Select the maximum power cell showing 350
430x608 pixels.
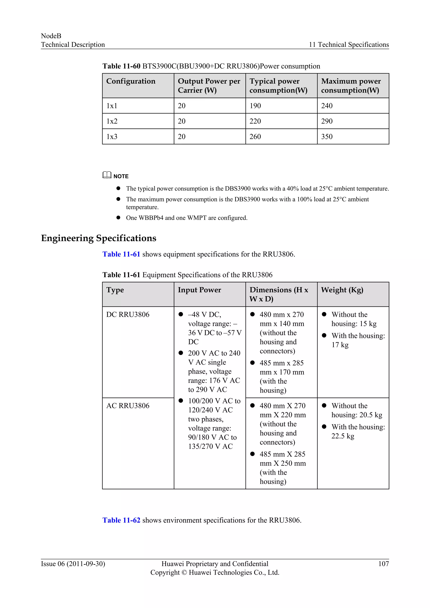pos(327,137)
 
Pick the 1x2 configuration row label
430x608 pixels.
pos(112,121)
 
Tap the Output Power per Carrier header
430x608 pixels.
pos(209,85)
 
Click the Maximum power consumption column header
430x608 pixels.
pos(351,85)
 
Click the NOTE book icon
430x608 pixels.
pos(107,175)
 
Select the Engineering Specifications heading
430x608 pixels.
pos(98,238)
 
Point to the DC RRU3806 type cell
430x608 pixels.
pos(128,314)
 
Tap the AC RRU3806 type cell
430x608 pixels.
pos(128,406)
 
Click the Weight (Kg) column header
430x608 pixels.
pos(342,290)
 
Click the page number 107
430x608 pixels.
pos(383,564)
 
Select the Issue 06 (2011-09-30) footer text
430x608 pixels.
pos(73,564)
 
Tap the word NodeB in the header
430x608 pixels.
pos(51,36)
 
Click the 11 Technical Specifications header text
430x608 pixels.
pos(349,45)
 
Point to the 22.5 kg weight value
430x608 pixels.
pos(343,436)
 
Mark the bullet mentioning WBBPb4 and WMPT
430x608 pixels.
pos(186,218)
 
